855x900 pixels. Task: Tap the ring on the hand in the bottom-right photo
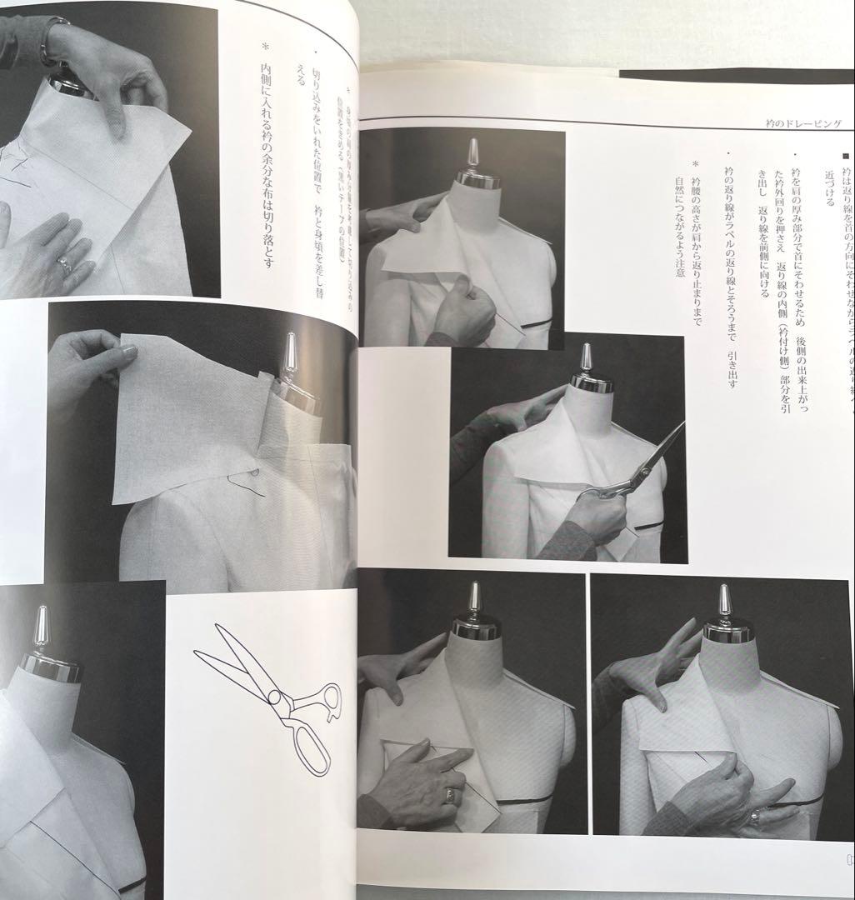(754, 816)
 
